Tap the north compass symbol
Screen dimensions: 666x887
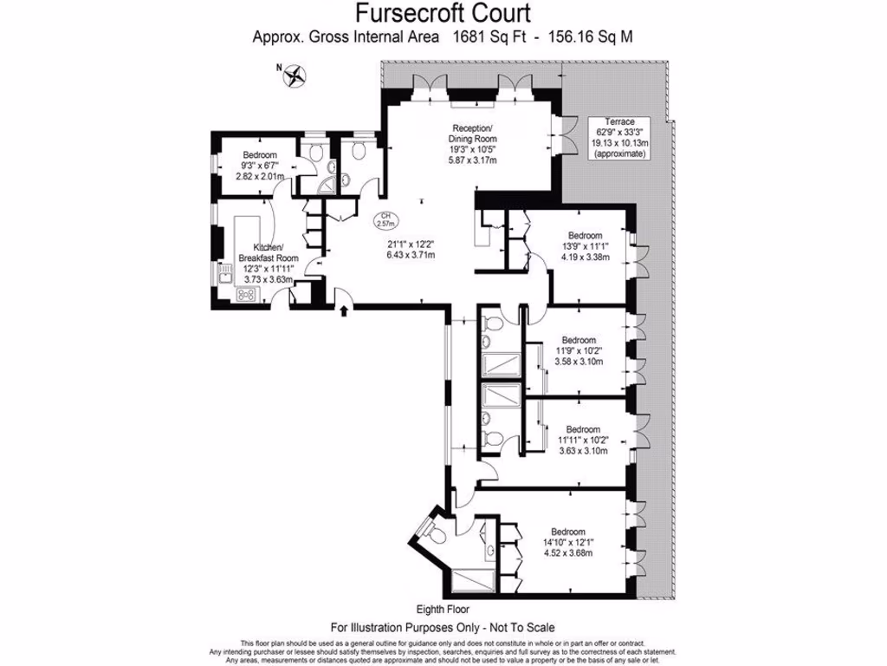[295, 75]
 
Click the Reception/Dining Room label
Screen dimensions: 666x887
[472, 143]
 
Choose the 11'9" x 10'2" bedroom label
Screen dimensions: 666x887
[578, 350]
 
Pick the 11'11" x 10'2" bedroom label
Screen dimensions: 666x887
[582, 440]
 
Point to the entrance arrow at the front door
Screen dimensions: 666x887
[345, 310]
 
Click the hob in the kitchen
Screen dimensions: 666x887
[245, 295]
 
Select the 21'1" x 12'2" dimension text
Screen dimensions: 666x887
[411, 249]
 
